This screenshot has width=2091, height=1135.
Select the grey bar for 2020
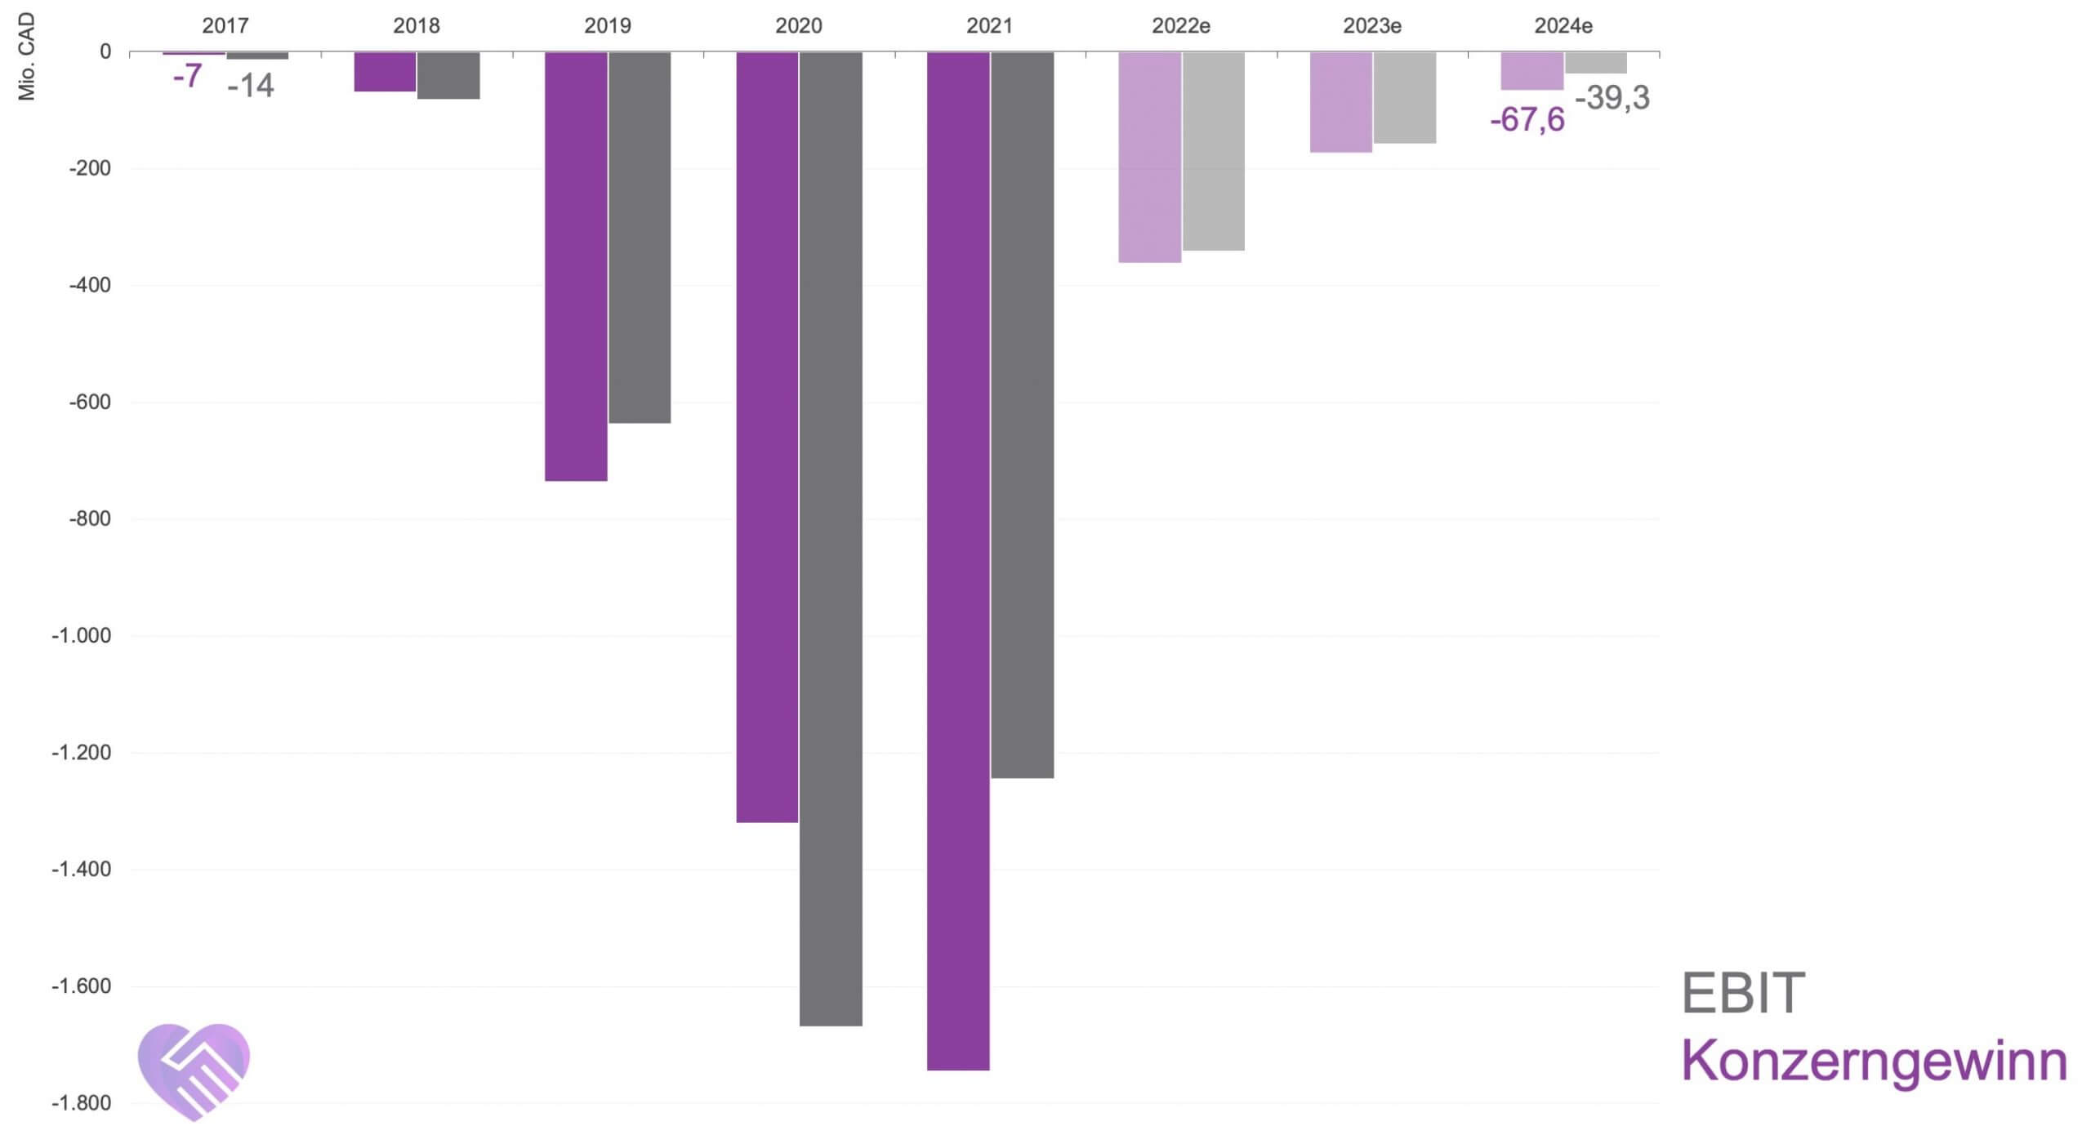click(831, 539)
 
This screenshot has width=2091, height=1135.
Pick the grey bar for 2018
click(448, 75)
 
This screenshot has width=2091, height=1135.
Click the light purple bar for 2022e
click(1149, 157)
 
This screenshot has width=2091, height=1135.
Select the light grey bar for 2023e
click(1405, 97)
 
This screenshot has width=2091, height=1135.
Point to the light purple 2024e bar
click(1531, 70)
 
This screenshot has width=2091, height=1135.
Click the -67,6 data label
click(1527, 120)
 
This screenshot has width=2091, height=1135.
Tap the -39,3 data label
click(1612, 98)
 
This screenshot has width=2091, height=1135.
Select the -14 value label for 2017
click(250, 86)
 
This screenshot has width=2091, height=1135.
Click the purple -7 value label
click(187, 76)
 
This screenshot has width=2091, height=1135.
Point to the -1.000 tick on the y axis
click(81, 635)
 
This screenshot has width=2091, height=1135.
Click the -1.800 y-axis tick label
click(81, 1103)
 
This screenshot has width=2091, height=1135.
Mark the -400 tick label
click(90, 285)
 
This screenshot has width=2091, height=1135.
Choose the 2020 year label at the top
click(798, 26)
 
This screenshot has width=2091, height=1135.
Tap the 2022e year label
click(1180, 26)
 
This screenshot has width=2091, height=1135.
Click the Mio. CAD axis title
click(27, 56)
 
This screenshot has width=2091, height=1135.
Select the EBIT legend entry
click(1742, 994)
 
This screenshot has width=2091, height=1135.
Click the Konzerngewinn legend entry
click(1874, 1061)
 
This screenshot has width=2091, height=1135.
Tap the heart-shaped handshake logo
click(194, 1070)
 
